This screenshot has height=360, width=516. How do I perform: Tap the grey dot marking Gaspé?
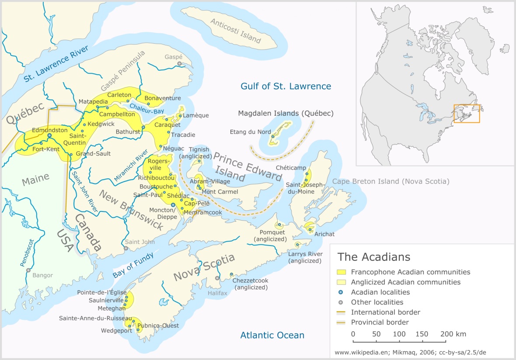coord(179,64)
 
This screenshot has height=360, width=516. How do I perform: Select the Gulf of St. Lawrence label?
coord(286,86)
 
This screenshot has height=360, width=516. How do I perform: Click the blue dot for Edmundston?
coord(49,135)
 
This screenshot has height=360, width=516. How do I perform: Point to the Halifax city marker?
coord(217,278)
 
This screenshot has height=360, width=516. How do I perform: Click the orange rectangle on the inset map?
coord(467,114)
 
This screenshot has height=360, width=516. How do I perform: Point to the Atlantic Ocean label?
coord(272,336)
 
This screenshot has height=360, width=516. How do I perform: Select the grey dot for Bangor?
coord(28,270)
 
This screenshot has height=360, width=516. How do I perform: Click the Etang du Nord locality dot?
coord(272,136)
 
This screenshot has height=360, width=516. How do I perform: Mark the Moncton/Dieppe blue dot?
coord(173,204)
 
